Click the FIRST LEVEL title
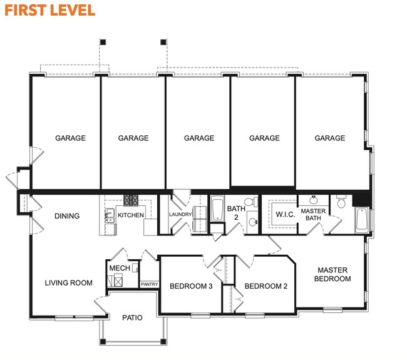[x=50, y=11]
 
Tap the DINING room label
[x=67, y=217]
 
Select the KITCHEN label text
[x=131, y=215]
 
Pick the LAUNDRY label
[x=180, y=215]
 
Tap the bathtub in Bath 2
[x=217, y=210]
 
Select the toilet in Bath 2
[x=249, y=202]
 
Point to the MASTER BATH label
[x=312, y=215]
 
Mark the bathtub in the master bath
[x=362, y=220]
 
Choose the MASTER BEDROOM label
[x=332, y=274]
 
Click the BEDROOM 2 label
[x=265, y=286]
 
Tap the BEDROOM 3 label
[x=191, y=286]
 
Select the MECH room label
[x=119, y=268]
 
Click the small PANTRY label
[x=149, y=284]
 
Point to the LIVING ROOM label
[x=68, y=283]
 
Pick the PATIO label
[x=131, y=317]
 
